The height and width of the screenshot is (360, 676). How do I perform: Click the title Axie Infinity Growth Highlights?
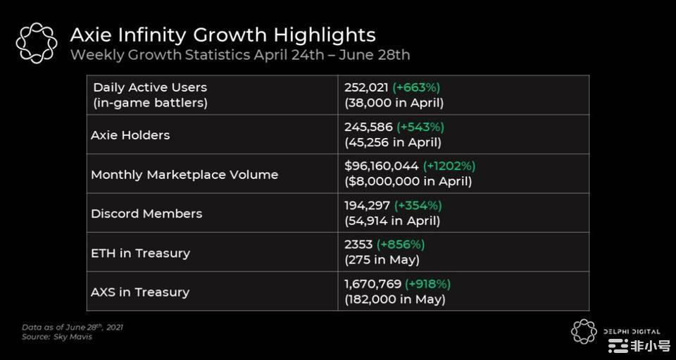223,35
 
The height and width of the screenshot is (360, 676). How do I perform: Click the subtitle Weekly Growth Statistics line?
239,55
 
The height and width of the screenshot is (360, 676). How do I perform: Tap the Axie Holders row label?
130,135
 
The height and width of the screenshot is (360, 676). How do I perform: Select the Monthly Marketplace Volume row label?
184,175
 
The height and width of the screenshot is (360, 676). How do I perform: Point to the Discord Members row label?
146,213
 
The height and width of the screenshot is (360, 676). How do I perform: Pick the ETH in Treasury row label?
140,253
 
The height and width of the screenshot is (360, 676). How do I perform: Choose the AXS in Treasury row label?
140,292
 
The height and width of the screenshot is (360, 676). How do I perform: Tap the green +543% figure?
421,127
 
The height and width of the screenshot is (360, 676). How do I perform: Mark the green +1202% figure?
449,166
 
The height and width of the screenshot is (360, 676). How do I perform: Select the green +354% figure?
418,206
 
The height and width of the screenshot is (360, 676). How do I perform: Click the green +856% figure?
401,244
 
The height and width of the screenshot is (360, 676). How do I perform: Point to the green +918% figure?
427,284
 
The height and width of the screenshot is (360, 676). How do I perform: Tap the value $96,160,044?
381,166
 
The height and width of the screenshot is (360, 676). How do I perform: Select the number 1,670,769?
373,284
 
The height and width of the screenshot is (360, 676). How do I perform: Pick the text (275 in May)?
382,260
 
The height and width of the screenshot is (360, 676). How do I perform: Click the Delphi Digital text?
632,331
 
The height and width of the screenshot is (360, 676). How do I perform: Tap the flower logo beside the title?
37,42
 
